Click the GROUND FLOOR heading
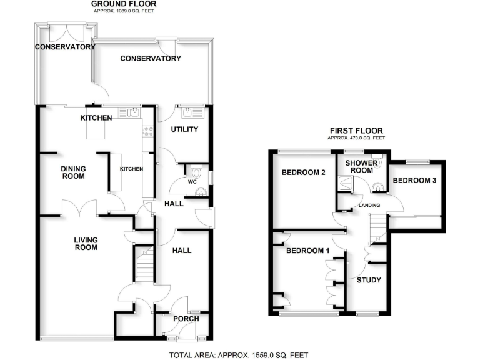122,4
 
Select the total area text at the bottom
239,355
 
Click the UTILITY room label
184,129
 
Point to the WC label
185,182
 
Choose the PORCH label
186,319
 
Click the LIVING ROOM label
86,243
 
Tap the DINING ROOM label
73,172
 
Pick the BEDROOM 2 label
304,172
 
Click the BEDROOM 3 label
414,181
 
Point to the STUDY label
369,280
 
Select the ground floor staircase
144,263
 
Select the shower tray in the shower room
345,182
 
